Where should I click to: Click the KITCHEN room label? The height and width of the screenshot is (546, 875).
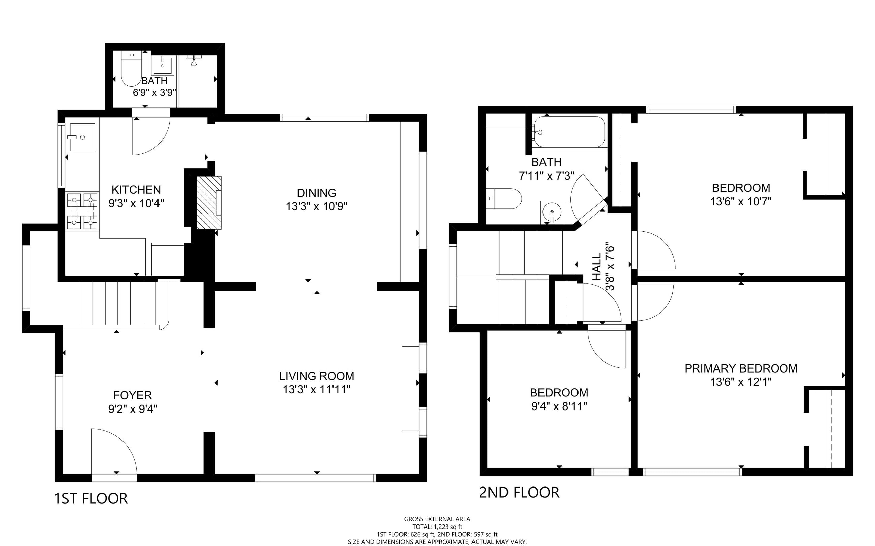(x=136, y=190)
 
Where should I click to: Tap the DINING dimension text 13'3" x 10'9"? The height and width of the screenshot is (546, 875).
(x=317, y=206)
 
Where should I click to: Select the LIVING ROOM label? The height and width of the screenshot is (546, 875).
(x=317, y=376)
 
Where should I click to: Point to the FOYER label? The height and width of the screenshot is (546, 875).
(x=132, y=395)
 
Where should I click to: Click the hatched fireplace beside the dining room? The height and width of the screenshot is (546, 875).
(x=209, y=203)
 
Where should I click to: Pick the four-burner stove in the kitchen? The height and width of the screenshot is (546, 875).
(x=82, y=211)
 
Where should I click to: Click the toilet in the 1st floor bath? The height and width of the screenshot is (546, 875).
(x=131, y=69)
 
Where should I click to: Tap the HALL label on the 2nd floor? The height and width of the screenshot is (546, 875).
(x=597, y=267)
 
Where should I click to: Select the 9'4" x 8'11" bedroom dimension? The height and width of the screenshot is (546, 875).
(x=559, y=406)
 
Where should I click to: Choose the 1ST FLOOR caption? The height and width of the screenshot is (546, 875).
(x=91, y=499)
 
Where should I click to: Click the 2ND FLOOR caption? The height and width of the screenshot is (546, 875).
(x=519, y=493)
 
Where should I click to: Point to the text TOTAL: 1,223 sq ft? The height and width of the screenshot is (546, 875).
(x=437, y=527)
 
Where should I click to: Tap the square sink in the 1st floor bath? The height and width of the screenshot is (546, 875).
(x=163, y=65)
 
